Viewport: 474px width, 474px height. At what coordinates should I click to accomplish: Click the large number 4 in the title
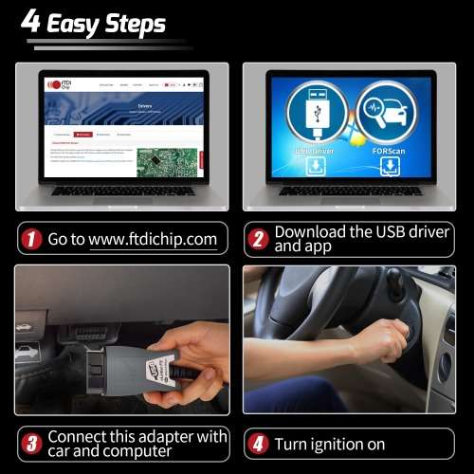tap(31, 22)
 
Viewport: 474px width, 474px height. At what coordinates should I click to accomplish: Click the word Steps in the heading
tap(135, 24)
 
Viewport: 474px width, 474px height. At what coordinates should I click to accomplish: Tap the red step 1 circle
tap(31, 239)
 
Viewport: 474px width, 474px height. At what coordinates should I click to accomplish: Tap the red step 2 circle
tap(257, 239)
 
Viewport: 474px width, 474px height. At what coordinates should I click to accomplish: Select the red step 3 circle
tap(31, 443)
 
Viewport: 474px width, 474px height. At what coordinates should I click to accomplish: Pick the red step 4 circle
tap(257, 443)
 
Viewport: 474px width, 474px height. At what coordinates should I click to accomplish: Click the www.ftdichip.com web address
tap(153, 239)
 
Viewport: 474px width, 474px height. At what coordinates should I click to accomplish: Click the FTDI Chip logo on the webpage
tap(57, 84)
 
